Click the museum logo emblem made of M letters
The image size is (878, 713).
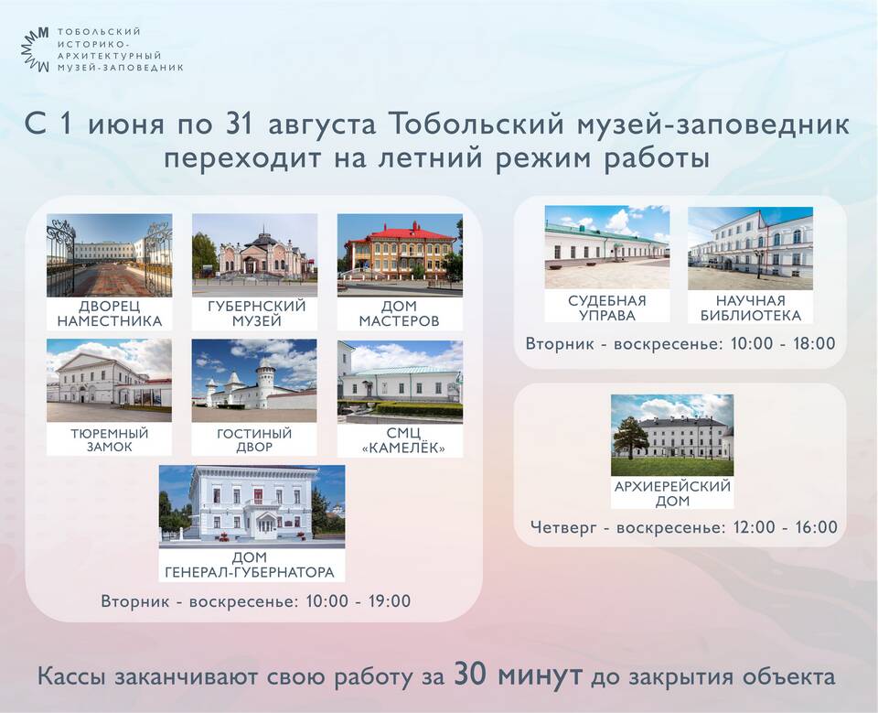[36, 49]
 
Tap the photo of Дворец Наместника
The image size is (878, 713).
[109, 255]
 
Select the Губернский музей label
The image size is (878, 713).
[256, 313]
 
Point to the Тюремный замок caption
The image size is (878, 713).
[109, 440]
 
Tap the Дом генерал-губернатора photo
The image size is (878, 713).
[252, 507]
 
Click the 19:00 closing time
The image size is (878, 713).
[390, 601]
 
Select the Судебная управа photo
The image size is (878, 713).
[607, 247]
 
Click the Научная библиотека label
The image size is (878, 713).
[750, 308]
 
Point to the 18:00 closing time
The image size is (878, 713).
[814, 343]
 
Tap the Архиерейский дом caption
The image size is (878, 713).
[672, 493]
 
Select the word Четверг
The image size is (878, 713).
[563, 527]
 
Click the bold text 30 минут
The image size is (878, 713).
[518, 675]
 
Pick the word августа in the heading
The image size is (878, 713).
[323, 124]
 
